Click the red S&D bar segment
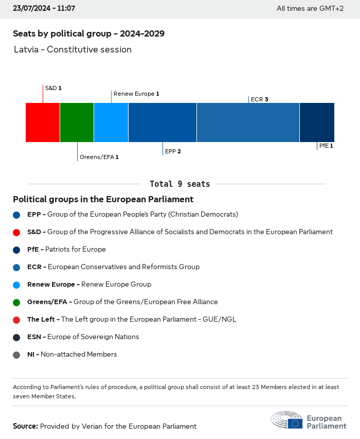[43, 122]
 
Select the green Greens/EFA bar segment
[77, 122]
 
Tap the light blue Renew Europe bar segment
[111, 122]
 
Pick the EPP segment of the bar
[163, 122]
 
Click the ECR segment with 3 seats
[248, 122]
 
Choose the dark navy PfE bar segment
[317, 122]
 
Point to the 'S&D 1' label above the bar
[53, 89]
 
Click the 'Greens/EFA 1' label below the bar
[99, 157]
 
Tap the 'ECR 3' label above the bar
[260, 99]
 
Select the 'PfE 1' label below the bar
[326, 146]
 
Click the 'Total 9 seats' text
[180, 184]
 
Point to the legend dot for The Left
[17, 320]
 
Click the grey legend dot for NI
[17, 355]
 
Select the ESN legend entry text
[83, 337]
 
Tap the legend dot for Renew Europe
[17, 285]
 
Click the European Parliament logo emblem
[287, 420]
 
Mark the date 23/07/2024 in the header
[30, 8]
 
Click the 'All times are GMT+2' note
[310, 9]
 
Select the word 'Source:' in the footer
[25, 426]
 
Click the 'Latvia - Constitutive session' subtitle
[73, 50]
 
